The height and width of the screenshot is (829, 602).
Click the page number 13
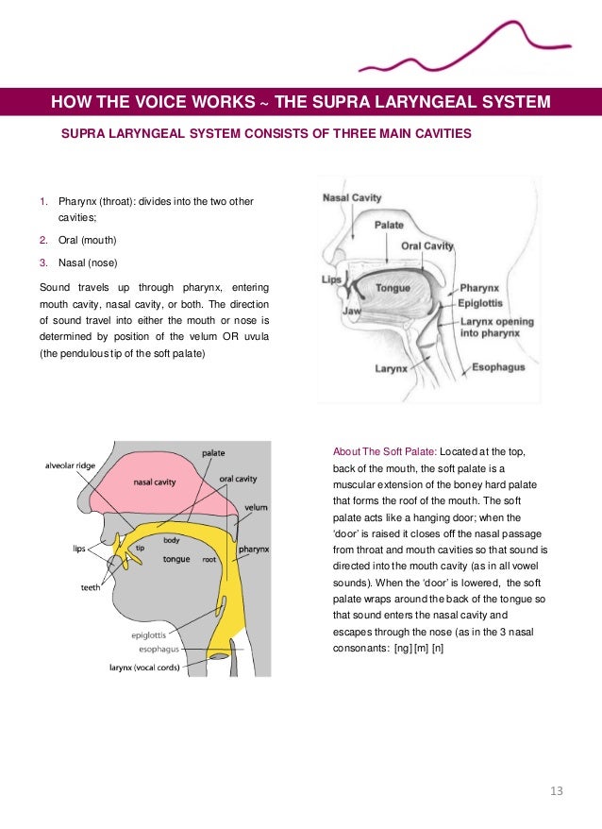click(x=556, y=790)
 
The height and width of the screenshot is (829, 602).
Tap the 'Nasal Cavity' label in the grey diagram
click(x=352, y=198)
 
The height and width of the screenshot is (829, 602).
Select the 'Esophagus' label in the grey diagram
click(x=498, y=366)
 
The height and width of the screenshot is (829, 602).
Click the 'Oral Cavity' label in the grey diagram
click(x=427, y=246)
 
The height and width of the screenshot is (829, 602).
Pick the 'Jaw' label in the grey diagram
click(x=352, y=309)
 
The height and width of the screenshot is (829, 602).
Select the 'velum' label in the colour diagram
click(x=256, y=507)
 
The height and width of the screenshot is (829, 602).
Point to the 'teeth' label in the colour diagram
click(x=92, y=587)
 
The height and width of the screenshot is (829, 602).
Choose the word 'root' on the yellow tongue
click(x=210, y=559)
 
